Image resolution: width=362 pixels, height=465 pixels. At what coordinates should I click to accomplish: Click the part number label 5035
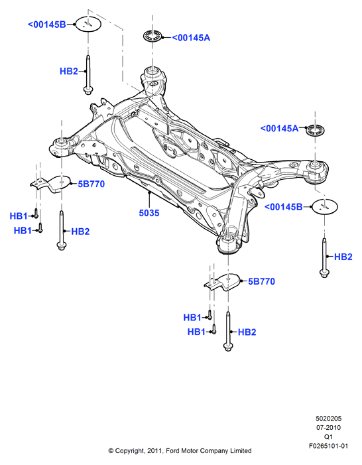click(149, 213)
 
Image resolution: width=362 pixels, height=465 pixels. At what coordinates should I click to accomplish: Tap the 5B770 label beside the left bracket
click(91, 184)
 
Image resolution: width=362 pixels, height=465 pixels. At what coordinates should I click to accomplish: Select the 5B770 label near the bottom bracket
click(261, 281)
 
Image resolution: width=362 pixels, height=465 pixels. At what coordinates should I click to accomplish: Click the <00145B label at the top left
click(47, 25)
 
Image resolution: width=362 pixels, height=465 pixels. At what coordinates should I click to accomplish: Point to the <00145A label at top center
click(191, 38)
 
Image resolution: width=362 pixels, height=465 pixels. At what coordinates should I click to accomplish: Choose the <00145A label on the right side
click(280, 129)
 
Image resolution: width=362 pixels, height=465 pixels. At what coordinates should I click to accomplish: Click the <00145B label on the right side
click(283, 207)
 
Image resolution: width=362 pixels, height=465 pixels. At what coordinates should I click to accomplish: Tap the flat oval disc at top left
click(88, 24)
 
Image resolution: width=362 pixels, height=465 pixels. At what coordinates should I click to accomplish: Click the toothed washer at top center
click(152, 36)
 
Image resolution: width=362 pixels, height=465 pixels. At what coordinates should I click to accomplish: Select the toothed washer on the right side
click(315, 130)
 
